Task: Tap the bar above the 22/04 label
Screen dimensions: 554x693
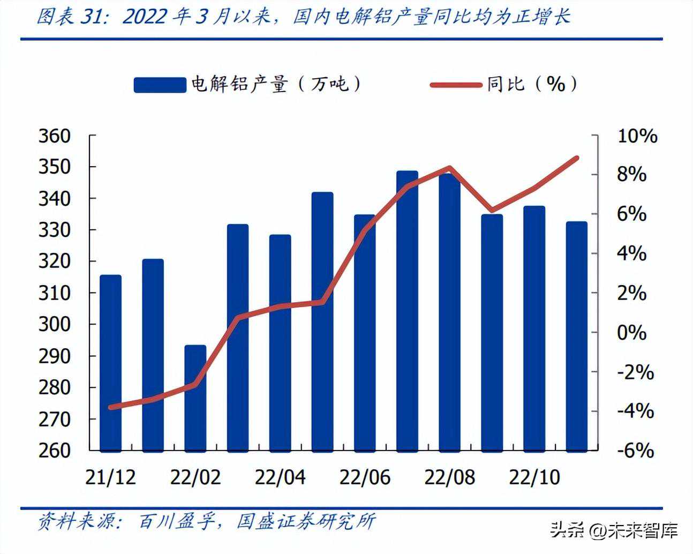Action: pyautogui.click(x=280, y=342)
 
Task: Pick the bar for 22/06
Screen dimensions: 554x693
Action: pyautogui.click(x=365, y=332)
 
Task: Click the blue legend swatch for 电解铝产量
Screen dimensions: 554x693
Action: pyautogui.click(x=159, y=85)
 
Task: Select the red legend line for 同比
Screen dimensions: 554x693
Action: pyautogui.click(x=456, y=85)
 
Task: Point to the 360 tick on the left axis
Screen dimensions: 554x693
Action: pyautogui.click(x=54, y=136)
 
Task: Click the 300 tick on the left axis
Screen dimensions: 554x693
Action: pyautogui.click(x=54, y=325)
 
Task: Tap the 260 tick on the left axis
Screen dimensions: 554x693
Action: pyautogui.click(x=54, y=451)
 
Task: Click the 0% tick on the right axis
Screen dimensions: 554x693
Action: pyautogui.click(x=632, y=333)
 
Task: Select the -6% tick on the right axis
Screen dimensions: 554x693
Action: pyautogui.click(x=636, y=451)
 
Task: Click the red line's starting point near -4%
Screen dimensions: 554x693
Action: pyautogui.click(x=111, y=407)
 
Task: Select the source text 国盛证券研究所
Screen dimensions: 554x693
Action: pyautogui.click(x=306, y=521)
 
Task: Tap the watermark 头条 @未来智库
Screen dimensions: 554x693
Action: pyautogui.click(x=614, y=530)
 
